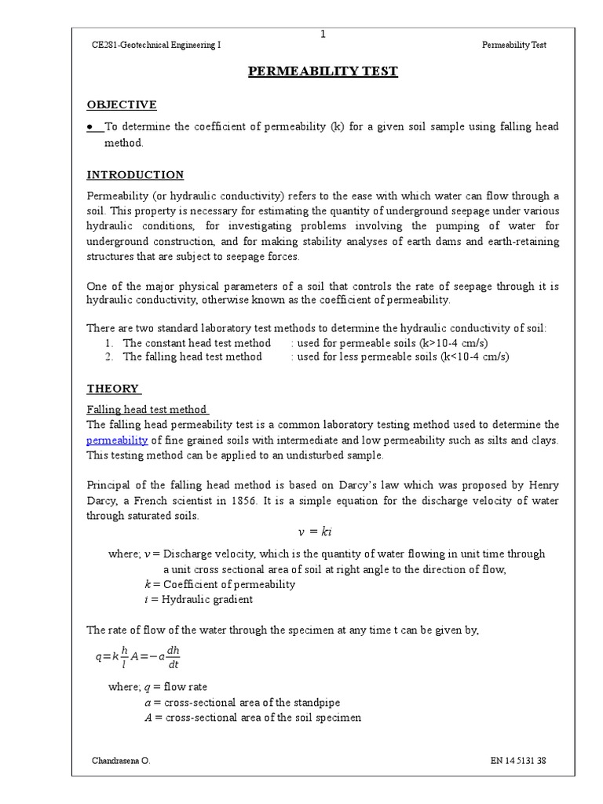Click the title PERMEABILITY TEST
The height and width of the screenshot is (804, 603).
(x=323, y=71)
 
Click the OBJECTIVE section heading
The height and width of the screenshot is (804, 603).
(x=122, y=104)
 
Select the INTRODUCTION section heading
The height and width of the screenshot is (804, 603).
(x=135, y=174)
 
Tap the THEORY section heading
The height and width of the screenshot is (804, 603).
(x=113, y=388)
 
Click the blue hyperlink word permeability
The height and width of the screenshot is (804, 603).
(x=117, y=440)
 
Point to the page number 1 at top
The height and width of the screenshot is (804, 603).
(x=323, y=34)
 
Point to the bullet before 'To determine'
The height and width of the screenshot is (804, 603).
(x=91, y=127)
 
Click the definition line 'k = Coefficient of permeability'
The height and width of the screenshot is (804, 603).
(x=220, y=584)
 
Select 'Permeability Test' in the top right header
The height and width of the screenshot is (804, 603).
(x=513, y=46)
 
